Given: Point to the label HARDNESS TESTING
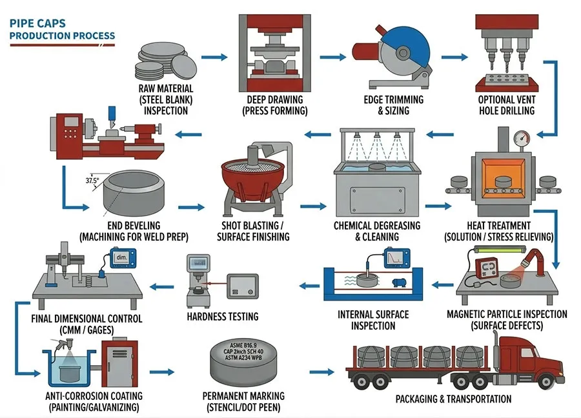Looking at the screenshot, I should tap(222, 316).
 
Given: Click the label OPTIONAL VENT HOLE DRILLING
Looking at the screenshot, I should tap(506, 105).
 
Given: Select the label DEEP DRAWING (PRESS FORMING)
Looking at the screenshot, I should tap(274, 105).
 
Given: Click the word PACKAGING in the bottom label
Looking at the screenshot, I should tap(421, 399).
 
